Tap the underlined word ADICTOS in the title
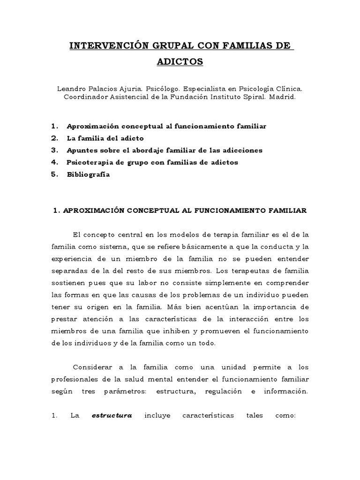[180, 62]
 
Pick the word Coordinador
[84, 97]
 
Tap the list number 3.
[55, 150]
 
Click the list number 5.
[55, 174]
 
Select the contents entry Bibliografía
[88, 174]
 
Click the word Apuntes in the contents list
[82, 150]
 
